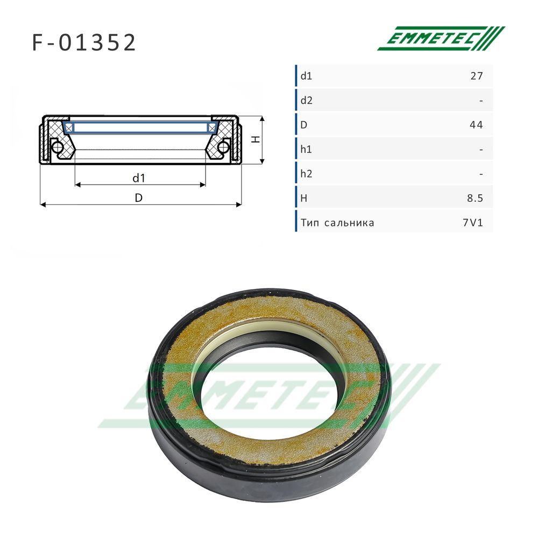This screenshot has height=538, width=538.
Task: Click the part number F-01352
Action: [x=84, y=43]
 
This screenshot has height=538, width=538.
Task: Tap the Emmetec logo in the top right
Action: [x=441, y=38]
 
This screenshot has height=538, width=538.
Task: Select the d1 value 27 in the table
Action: [x=477, y=76]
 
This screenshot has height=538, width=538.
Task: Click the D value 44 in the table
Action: [x=476, y=125]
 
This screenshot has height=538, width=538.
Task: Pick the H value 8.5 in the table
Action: [x=475, y=199]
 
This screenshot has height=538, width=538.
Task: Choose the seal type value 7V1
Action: [x=473, y=223]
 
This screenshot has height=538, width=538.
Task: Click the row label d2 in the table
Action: [x=307, y=101]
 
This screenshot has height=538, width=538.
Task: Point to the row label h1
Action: [x=306, y=149]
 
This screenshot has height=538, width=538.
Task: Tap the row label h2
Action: [x=307, y=174]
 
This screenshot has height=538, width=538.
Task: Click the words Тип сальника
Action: [x=337, y=223]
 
